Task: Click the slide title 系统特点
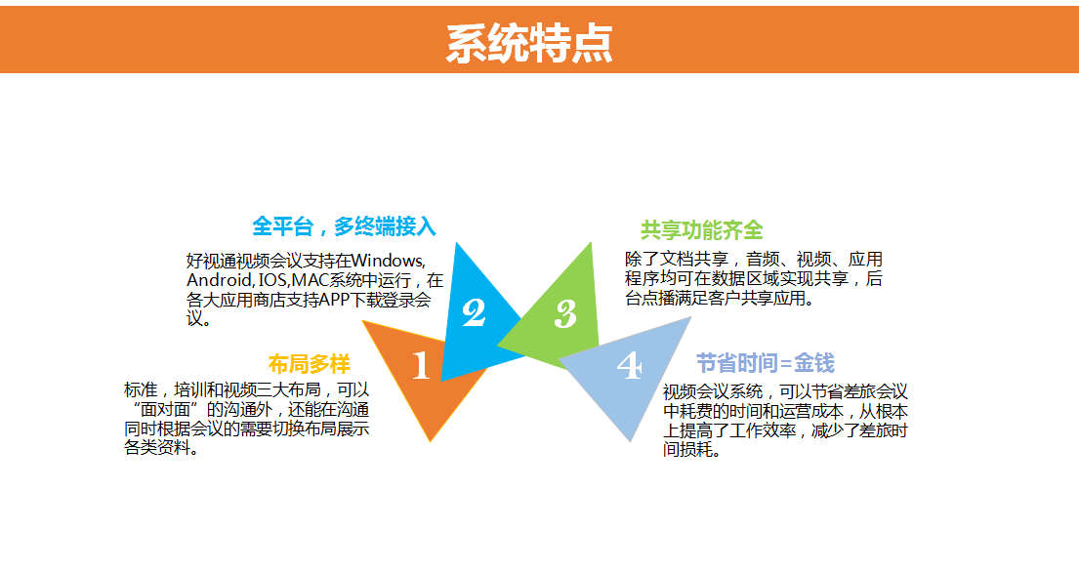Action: coord(529,43)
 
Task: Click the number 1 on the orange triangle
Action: coord(421,364)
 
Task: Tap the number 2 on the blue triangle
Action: coord(474,312)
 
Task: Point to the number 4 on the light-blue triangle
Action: coord(630,365)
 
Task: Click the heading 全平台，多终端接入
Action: coord(344,226)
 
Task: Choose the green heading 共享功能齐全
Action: coord(702,229)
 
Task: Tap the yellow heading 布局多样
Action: coord(309,364)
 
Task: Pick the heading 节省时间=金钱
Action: coord(766,362)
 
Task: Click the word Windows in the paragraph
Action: coord(388,262)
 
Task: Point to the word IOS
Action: coord(273,280)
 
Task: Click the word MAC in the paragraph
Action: coord(311,280)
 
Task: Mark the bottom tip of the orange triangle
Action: coord(431,441)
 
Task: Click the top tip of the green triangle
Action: coord(591,243)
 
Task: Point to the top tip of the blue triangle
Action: coord(456,243)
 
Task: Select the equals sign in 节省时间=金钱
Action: coord(785,363)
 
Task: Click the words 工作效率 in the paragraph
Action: coord(764,430)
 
